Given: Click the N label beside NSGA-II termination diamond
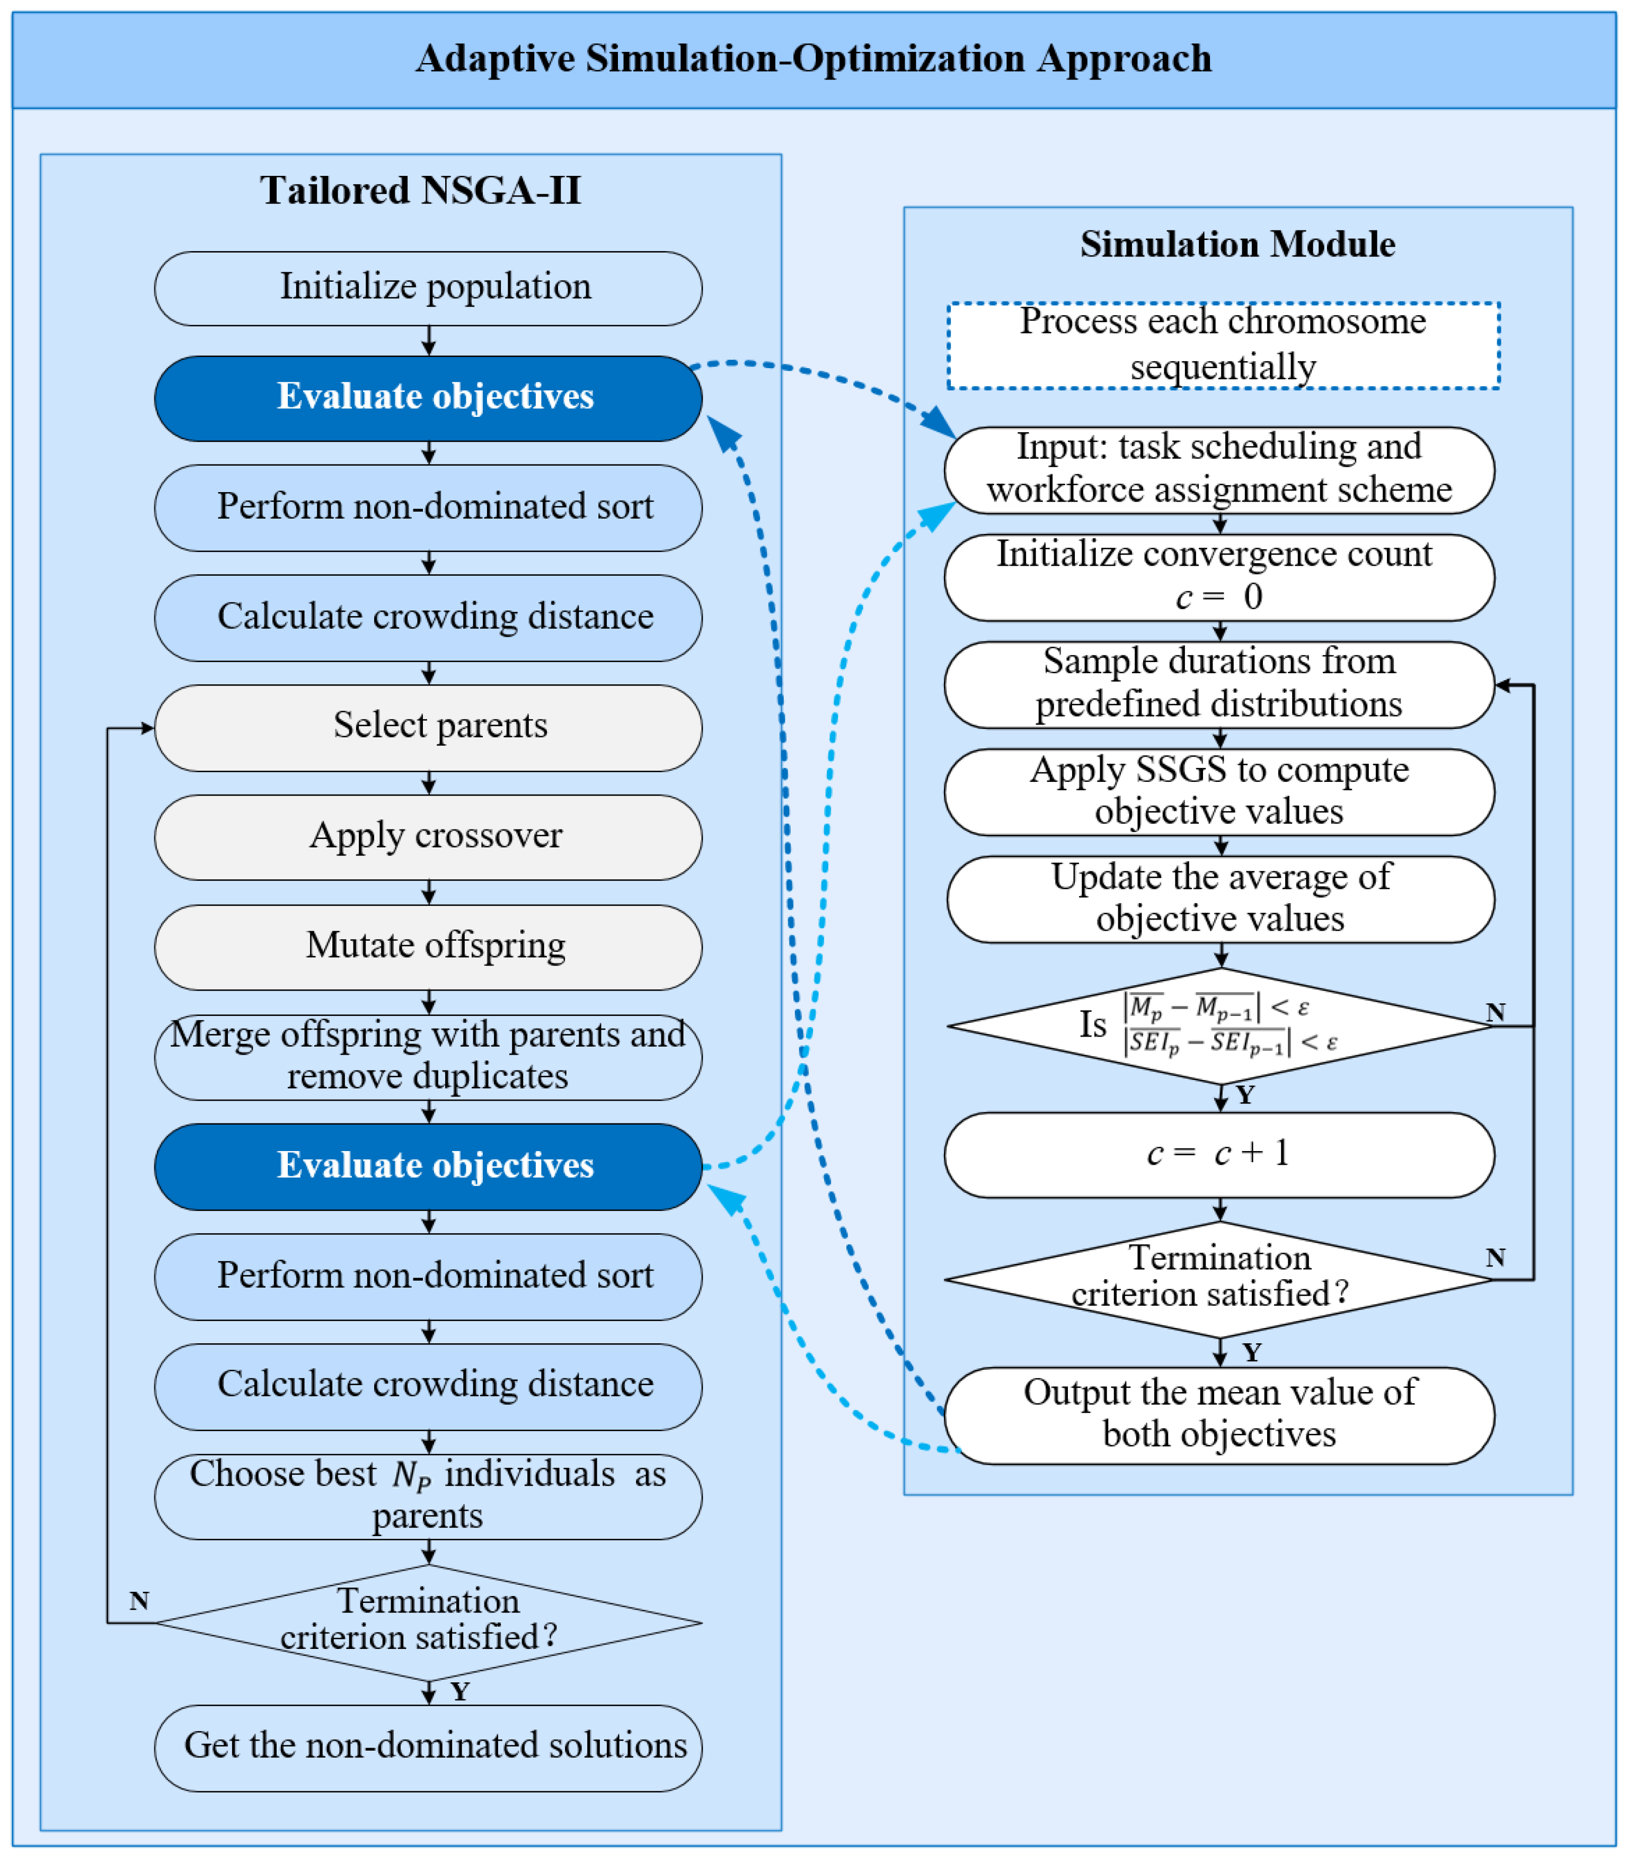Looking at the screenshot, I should pos(139,1600).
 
